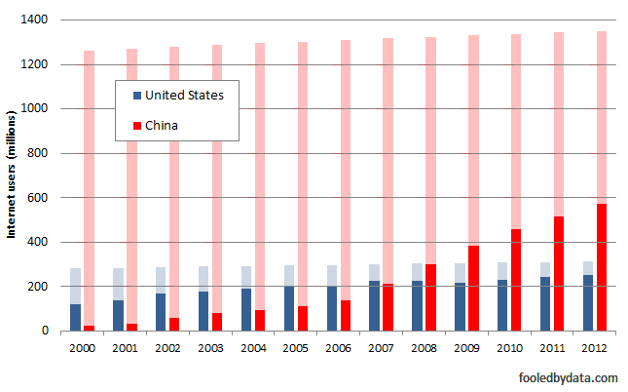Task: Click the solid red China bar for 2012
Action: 602,267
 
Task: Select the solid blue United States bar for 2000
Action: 76,318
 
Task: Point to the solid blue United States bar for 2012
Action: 588,303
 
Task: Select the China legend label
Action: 162,125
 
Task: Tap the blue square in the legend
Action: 137,96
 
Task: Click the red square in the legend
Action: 137,125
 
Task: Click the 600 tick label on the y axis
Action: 41,198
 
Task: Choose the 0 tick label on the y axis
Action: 48,332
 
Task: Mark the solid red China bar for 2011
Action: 559,274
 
